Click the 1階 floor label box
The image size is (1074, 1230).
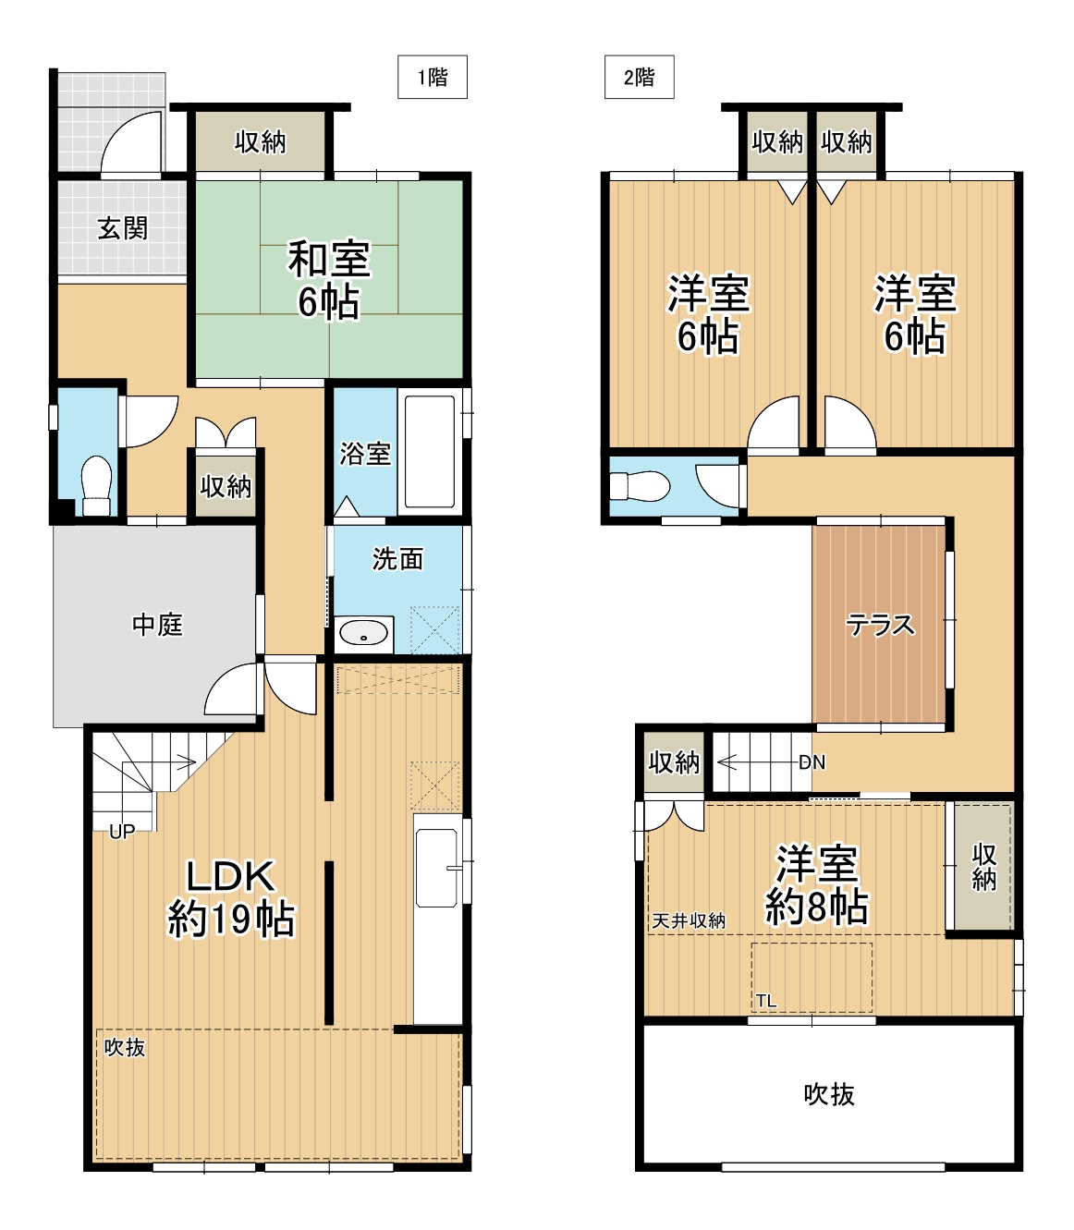coord(433,77)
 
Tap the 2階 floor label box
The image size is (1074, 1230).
coord(640,77)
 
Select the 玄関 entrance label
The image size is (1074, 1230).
coord(123,228)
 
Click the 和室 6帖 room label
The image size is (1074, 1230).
coord(329,279)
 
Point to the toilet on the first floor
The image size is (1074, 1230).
coord(96,486)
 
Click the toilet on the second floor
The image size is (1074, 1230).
coord(640,486)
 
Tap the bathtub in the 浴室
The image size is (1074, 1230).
coord(430,452)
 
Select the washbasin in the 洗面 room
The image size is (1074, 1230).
coord(364,634)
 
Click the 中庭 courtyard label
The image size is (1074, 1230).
coord(157,626)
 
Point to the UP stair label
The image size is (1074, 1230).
coord(122,832)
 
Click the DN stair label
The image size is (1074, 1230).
coord(812,763)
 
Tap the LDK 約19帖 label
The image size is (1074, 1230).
coord(231,898)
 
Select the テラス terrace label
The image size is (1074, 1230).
coord(881,626)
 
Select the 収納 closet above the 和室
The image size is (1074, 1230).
coord(261,142)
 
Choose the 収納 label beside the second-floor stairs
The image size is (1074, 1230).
coord(674,763)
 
